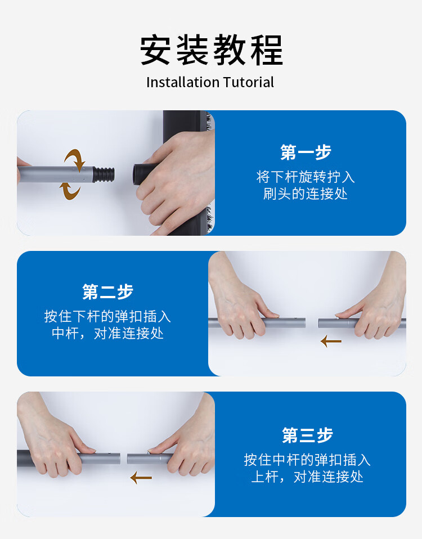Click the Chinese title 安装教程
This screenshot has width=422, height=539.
tap(211, 50)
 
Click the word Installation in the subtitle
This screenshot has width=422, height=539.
tap(183, 83)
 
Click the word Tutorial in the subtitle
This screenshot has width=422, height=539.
tap(249, 83)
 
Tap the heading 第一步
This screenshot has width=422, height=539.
tap(306, 152)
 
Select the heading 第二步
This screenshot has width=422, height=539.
tap(107, 292)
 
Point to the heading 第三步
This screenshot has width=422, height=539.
tap(307, 435)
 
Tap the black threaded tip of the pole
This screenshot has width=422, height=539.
tap(104, 174)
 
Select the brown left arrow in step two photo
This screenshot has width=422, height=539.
tap(331, 342)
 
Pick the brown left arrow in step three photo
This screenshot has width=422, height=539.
tap(141, 478)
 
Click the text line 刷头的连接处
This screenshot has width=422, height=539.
tap(306, 194)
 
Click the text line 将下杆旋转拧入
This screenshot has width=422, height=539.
tap(306, 177)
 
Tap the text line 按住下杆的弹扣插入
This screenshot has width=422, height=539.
tap(107, 316)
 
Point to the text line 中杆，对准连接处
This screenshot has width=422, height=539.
tap(107, 333)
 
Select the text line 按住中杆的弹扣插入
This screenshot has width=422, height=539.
tap(307, 460)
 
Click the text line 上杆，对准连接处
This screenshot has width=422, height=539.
tap(307, 477)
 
